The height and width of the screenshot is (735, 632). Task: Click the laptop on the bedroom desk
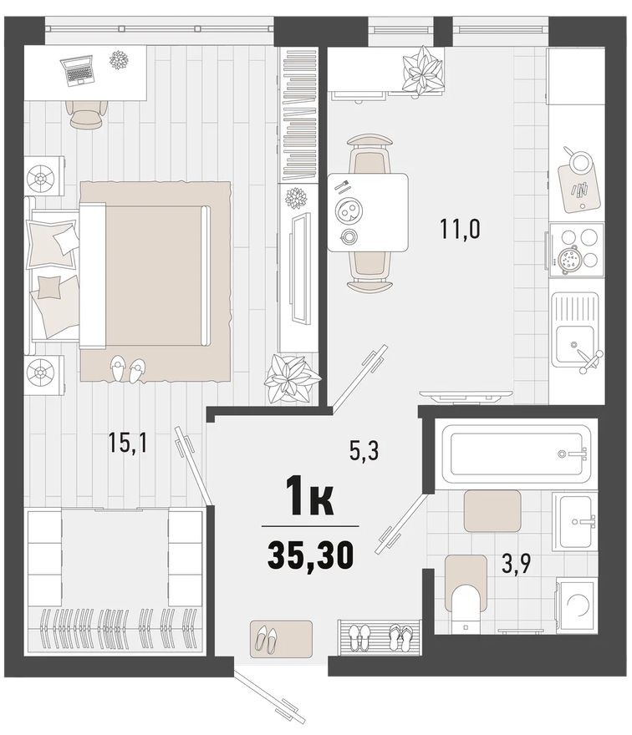(79, 70)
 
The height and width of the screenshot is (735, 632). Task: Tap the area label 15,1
(127, 444)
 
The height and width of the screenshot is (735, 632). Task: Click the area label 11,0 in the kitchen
(459, 227)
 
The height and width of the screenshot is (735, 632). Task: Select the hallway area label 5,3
(364, 452)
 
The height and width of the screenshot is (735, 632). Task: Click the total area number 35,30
(310, 553)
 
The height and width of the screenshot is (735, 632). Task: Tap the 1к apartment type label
(309, 500)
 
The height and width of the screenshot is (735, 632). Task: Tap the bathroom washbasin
(576, 520)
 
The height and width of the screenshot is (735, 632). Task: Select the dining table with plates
(367, 211)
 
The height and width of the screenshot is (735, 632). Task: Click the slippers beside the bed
(127, 368)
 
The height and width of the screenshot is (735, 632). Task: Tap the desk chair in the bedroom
(86, 114)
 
